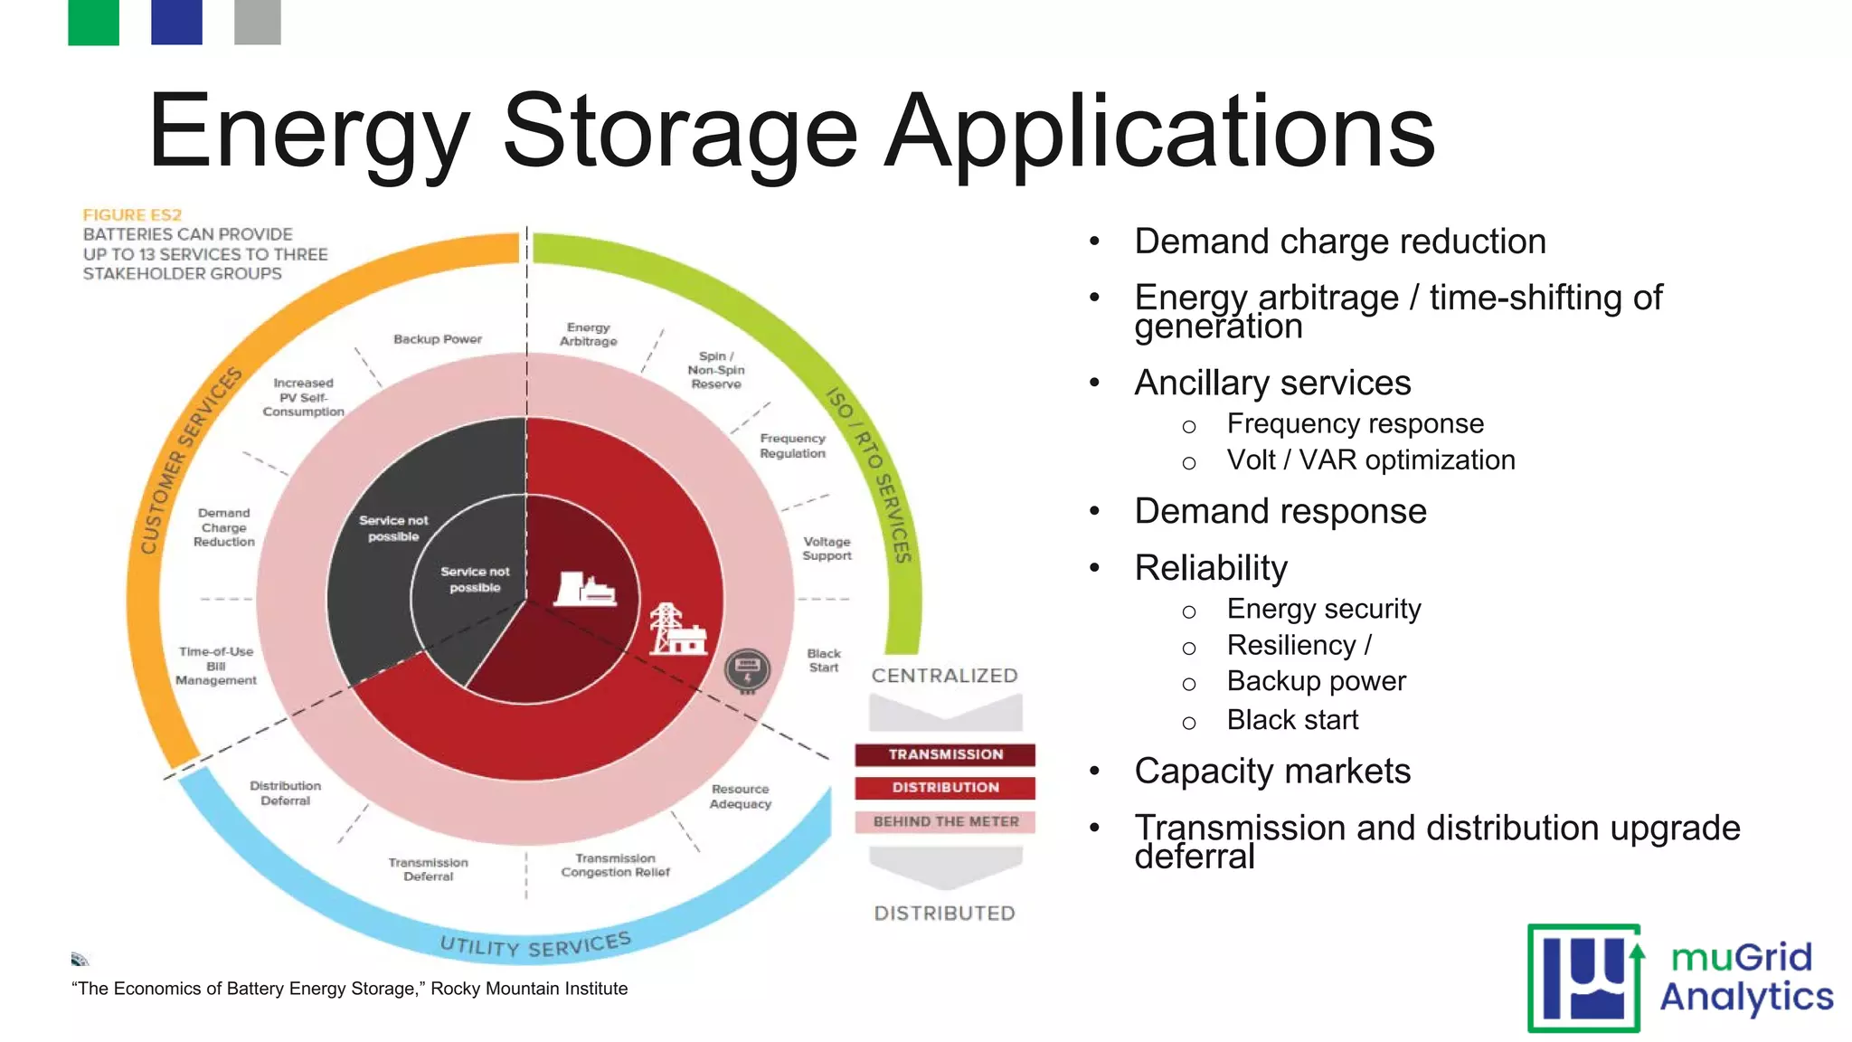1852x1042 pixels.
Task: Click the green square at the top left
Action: click(93, 22)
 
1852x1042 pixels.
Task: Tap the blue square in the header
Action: click(176, 22)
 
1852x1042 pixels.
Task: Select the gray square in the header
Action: click(257, 22)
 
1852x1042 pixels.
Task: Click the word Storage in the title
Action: click(679, 131)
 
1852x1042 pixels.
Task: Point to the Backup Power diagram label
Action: click(438, 339)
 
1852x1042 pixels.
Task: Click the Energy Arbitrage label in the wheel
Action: click(588, 335)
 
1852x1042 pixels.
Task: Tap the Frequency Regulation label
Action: click(792, 446)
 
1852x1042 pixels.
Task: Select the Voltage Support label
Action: click(827, 549)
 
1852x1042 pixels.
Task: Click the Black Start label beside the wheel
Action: click(824, 660)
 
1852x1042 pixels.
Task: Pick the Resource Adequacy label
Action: click(741, 797)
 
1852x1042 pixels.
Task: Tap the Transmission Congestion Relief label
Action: click(615, 866)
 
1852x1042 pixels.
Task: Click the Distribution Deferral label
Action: click(286, 793)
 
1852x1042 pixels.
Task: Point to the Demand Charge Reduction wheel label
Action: click(224, 527)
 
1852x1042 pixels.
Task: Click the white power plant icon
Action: click(585, 589)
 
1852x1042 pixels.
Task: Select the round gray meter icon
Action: click(748, 671)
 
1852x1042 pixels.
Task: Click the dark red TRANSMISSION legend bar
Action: click(945, 754)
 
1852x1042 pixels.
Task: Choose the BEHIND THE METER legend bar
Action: click(945, 821)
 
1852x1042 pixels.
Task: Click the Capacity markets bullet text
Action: click(1272, 772)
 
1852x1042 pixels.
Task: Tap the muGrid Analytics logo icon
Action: click(1584, 978)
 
